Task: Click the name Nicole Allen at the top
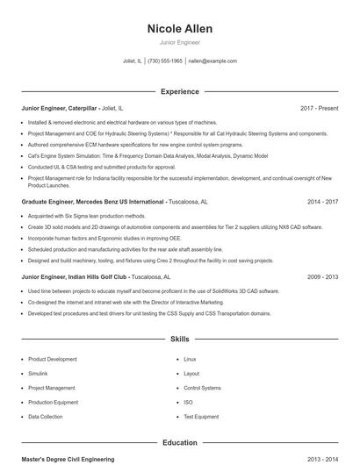point(179,28)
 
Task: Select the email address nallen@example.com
point(212,61)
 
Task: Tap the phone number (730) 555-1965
point(165,61)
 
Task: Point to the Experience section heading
point(179,91)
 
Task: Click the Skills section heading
point(179,338)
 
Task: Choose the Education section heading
point(179,443)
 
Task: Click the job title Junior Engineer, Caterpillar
point(60,108)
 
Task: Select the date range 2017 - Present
point(319,108)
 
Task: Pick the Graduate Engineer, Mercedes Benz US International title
point(93,202)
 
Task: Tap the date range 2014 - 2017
point(322,202)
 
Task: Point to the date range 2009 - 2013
point(322,276)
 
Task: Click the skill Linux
point(190,359)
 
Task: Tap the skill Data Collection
point(46,417)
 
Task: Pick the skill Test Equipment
point(200,417)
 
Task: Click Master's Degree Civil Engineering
point(68,459)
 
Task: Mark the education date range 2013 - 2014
point(322,459)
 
